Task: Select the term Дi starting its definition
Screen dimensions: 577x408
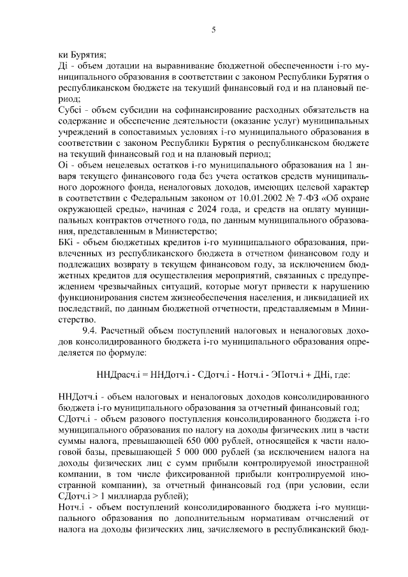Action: click(62, 66)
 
